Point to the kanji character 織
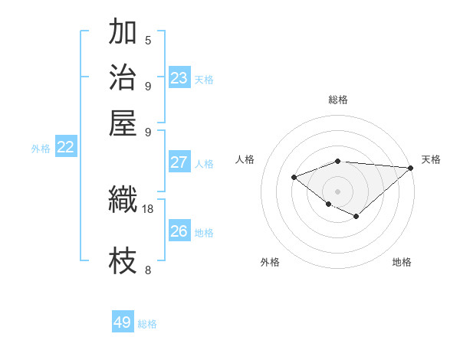(x=123, y=201)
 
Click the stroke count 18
(x=148, y=208)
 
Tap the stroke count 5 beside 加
(x=148, y=40)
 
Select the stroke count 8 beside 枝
(x=148, y=270)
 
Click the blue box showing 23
(x=179, y=77)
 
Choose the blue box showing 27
(x=179, y=162)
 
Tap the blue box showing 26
(x=179, y=231)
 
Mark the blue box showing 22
(x=65, y=148)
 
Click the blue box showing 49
(x=123, y=322)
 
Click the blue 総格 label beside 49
(x=147, y=324)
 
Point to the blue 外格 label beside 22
(x=41, y=149)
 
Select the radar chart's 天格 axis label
(x=431, y=159)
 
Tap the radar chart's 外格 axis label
(x=270, y=262)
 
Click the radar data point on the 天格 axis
(x=411, y=168)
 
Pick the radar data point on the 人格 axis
(x=294, y=177)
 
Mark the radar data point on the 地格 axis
(x=356, y=217)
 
